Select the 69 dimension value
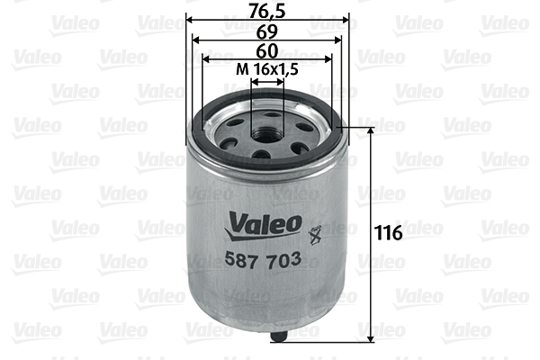point(266,31)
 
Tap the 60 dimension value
point(267,51)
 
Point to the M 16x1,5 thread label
point(267,70)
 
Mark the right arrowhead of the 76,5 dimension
point(344,20)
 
